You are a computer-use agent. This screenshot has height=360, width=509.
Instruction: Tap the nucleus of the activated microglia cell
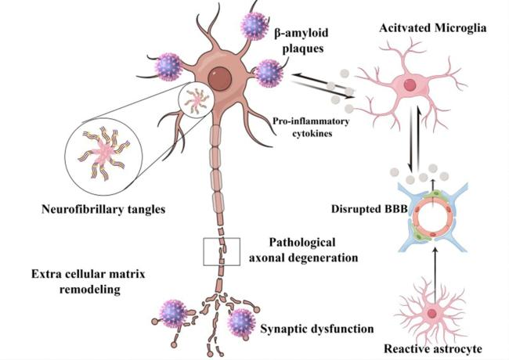pos(410,86)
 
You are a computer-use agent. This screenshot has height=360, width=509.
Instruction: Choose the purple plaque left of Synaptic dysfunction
pos(241,321)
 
